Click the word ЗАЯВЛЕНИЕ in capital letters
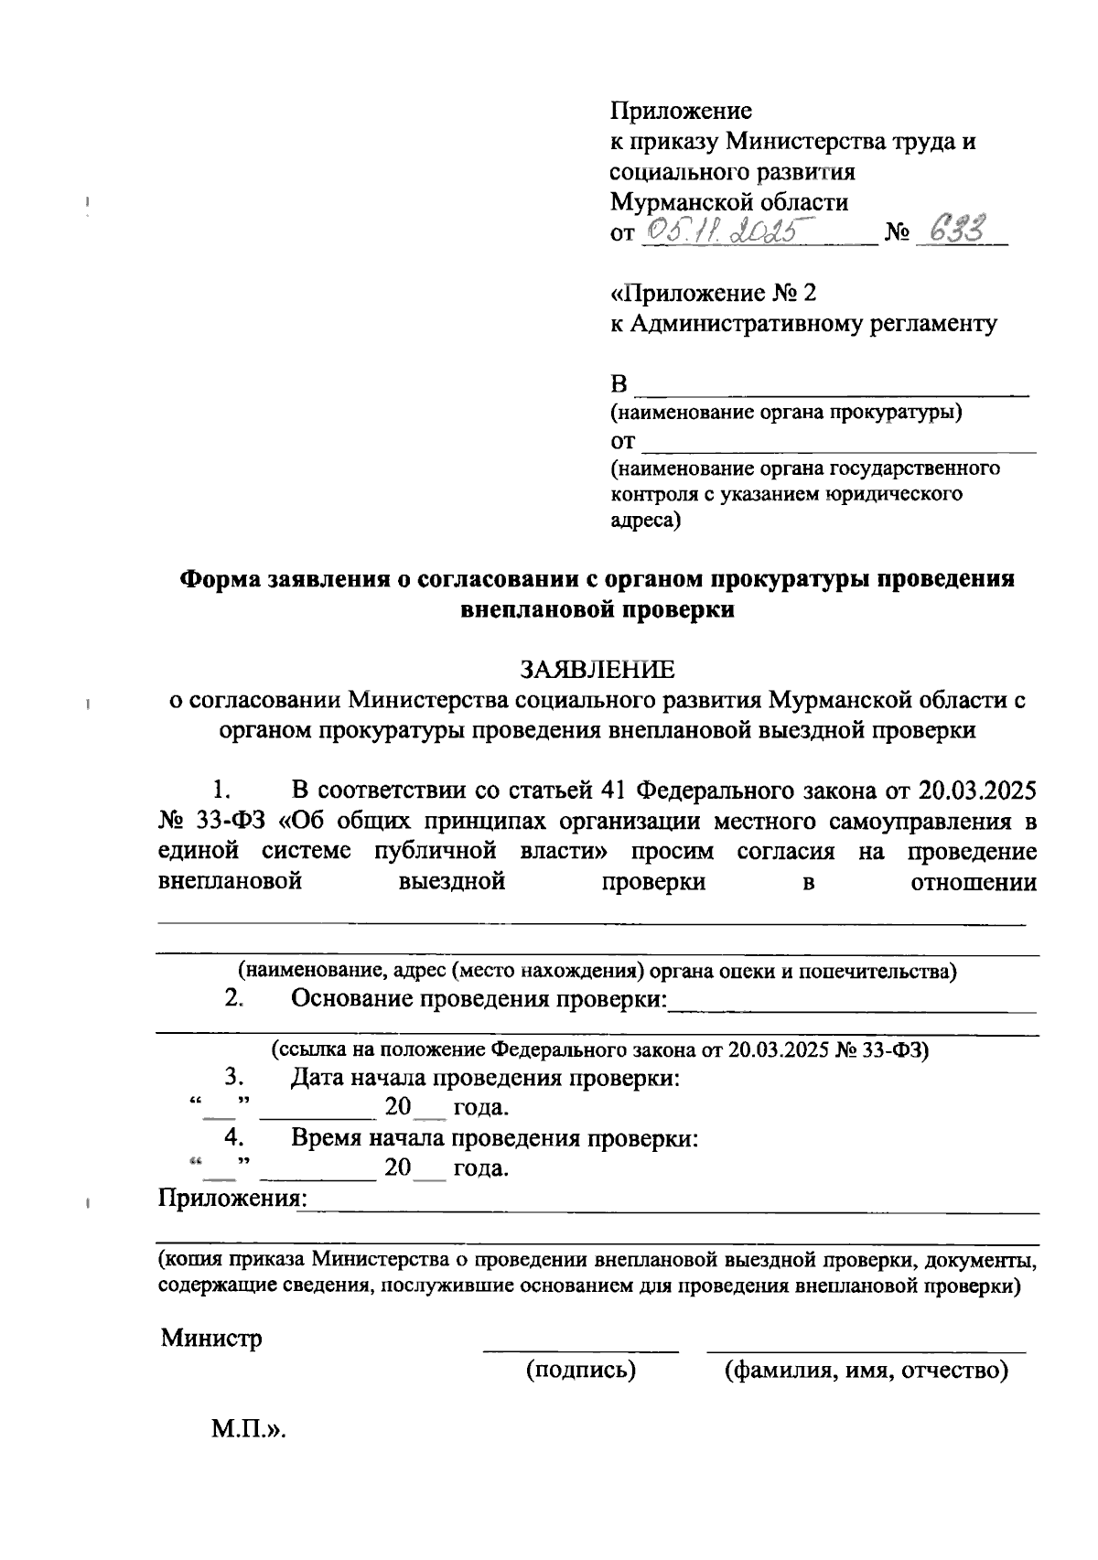click(597, 670)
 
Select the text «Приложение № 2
click(713, 293)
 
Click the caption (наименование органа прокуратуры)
click(786, 412)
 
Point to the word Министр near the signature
click(211, 1339)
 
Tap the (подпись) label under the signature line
click(580, 1370)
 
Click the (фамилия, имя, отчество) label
click(866, 1370)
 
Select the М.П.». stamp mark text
click(249, 1429)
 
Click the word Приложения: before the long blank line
click(232, 1198)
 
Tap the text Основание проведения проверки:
click(479, 998)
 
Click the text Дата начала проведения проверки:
click(485, 1077)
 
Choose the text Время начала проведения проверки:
click(495, 1138)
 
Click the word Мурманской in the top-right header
click(688, 201)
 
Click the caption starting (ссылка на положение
click(599, 1049)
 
